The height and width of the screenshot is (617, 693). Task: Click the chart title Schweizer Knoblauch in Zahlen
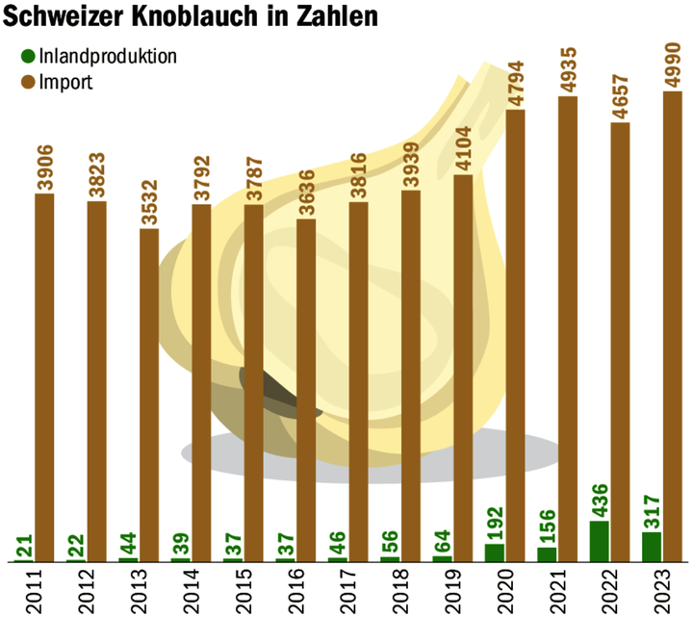[191, 18]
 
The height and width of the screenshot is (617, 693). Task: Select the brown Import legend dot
[27, 82]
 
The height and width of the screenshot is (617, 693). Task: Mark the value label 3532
[149, 199]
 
